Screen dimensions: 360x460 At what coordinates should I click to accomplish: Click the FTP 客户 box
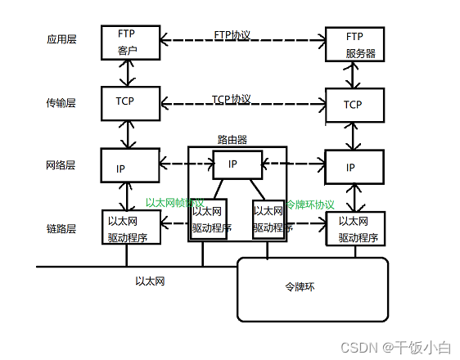click(x=126, y=42)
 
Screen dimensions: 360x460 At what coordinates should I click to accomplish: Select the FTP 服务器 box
click(x=354, y=44)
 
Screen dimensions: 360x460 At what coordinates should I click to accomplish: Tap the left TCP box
click(x=126, y=104)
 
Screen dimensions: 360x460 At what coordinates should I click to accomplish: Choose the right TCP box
click(x=354, y=105)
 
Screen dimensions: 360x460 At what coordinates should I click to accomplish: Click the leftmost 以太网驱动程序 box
click(x=129, y=229)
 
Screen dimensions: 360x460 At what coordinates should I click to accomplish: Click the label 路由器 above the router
click(x=232, y=140)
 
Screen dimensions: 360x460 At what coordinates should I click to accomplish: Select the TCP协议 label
click(x=232, y=99)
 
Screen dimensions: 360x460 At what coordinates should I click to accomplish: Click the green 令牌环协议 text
click(x=311, y=204)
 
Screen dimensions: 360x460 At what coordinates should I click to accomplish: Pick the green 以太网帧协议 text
click(x=174, y=202)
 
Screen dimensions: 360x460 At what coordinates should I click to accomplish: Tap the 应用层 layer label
click(x=61, y=39)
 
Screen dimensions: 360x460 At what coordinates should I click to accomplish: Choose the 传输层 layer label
click(x=61, y=103)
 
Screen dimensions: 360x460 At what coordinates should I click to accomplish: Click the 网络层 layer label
click(x=61, y=165)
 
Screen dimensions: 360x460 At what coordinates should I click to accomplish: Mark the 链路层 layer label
click(x=61, y=229)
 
